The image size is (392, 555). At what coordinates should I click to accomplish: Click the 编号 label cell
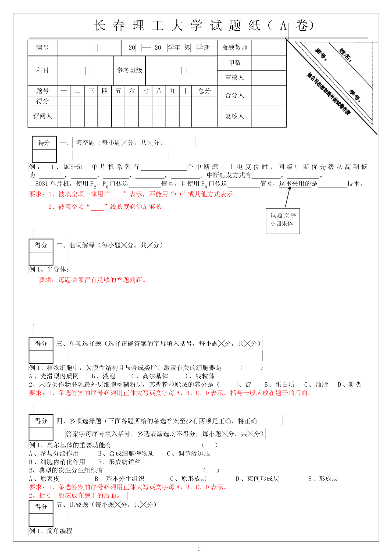coord(42,48)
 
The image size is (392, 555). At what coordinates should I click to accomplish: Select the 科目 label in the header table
coord(42,70)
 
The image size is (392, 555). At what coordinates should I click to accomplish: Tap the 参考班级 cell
coord(129,70)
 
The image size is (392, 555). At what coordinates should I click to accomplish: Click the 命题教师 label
coord(234,48)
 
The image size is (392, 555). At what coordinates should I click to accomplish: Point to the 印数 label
coord(234,63)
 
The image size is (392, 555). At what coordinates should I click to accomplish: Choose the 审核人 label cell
coord(234,78)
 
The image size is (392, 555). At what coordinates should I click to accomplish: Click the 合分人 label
coord(234,95)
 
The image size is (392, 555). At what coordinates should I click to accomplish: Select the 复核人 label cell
coord(234,116)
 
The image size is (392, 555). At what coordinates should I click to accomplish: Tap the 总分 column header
coord(204,91)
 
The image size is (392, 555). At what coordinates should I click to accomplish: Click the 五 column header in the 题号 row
coord(118,91)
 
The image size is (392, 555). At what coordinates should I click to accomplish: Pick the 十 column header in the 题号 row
coord(185,91)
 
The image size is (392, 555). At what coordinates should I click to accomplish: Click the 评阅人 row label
coord(42,116)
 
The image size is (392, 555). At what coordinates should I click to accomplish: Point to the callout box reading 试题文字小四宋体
coord(283,221)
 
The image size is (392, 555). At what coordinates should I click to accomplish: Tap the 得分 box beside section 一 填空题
coord(44,149)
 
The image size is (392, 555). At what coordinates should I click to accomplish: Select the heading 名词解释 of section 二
coord(82,245)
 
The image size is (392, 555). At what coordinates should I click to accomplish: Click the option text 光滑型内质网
coord(59,376)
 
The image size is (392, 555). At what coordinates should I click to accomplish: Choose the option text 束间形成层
coord(263,479)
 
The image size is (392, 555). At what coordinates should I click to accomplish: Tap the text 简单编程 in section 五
coord(60,531)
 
